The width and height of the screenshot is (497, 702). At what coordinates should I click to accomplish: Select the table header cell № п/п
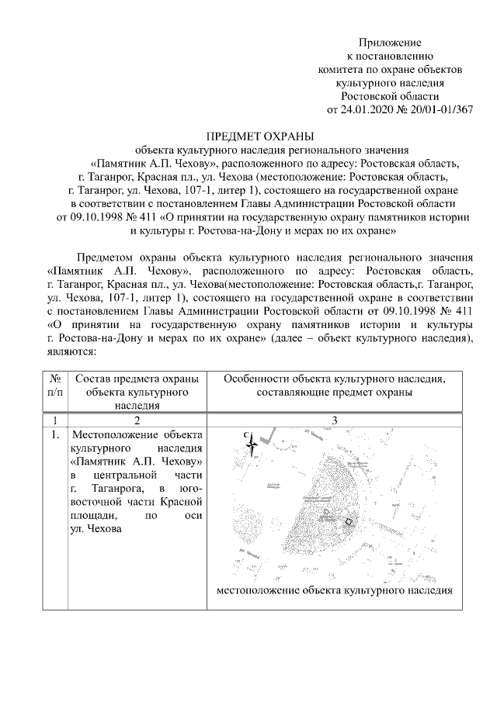point(55,386)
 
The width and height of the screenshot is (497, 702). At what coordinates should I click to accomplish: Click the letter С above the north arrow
point(246,435)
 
